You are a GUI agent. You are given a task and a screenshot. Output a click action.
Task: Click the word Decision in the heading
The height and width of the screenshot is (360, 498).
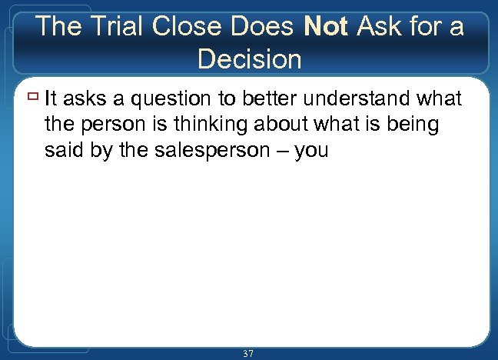click(249, 58)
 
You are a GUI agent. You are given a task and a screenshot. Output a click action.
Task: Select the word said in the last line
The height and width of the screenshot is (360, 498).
click(61, 150)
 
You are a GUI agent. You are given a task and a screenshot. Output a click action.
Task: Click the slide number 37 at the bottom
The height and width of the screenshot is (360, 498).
click(248, 353)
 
